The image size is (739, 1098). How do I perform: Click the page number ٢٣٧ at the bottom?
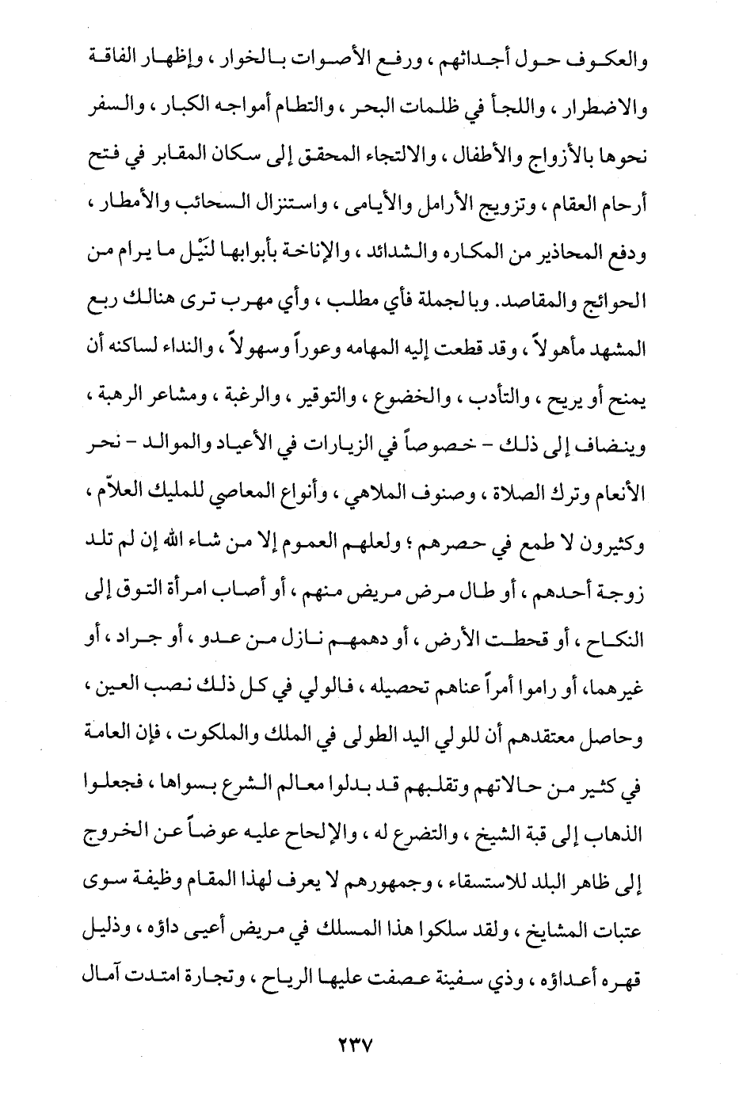349,1044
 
